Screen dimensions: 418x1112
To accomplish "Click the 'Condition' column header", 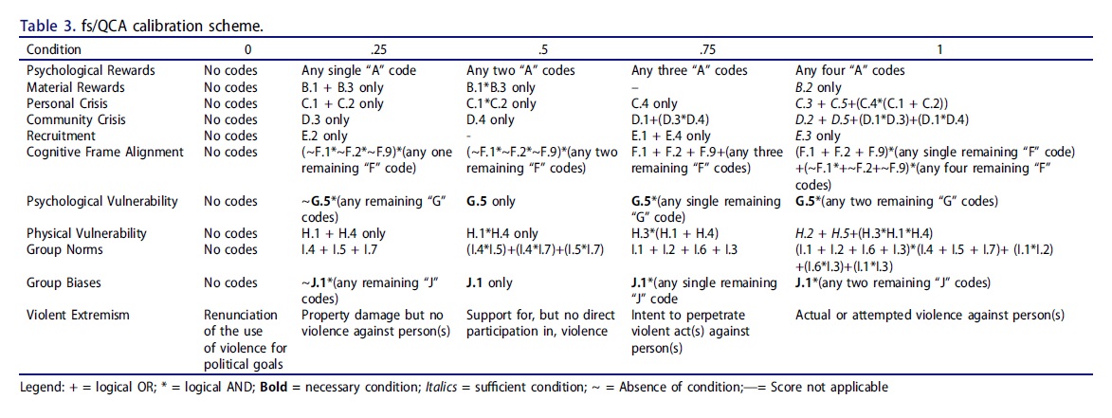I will [x=54, y=49].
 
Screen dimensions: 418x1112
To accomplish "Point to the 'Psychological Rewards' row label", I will [x=91, y=71].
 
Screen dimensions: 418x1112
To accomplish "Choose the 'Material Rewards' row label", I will [x=76, y=87].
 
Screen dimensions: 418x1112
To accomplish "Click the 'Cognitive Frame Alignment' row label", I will [x=106, y=152].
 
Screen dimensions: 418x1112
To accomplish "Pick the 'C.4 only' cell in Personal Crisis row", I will [x=654, y=103].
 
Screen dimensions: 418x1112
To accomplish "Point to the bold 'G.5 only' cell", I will [x=491, y=201].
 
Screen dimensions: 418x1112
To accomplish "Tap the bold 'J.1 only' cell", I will [x=489, y=282].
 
